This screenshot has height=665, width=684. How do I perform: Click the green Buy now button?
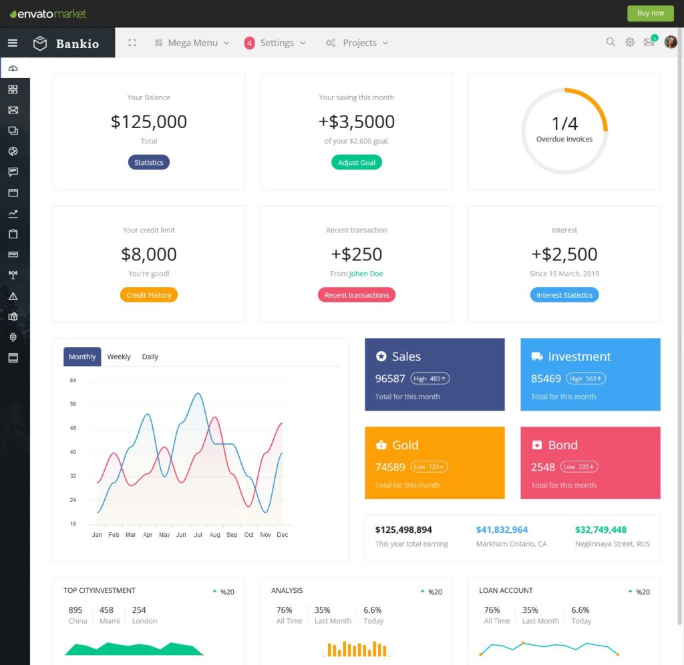(651, 13)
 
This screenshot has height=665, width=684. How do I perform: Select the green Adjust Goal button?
(357, 162)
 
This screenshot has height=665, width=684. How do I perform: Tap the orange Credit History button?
(148, 295)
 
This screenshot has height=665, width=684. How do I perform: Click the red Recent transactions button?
(357, 295)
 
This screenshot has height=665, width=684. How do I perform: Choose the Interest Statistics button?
(564, 295)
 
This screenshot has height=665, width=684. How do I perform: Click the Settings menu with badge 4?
(275, 43)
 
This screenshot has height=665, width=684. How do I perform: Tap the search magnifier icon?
(611, 42)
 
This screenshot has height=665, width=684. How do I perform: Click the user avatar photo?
(671, 42)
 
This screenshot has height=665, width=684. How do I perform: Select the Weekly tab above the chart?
(119, 357)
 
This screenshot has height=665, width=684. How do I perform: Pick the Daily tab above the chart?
(150, 357)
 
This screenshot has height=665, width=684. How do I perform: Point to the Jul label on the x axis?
(198, 535)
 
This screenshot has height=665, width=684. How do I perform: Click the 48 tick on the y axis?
(73, 428)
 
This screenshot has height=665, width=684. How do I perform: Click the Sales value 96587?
(390, 379)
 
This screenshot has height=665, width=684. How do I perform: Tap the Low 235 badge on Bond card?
(579, 467)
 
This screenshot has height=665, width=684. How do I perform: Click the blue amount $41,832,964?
(502, 529)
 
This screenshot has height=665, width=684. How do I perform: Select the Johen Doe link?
(366, 274)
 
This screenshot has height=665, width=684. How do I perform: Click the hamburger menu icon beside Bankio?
(12, 43)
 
